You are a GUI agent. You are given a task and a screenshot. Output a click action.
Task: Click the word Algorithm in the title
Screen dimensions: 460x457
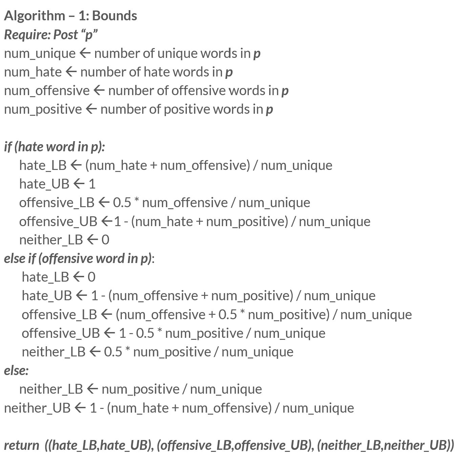click(x=35, y=16)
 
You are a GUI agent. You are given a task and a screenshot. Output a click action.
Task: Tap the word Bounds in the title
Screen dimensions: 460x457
click(x=114, y=16)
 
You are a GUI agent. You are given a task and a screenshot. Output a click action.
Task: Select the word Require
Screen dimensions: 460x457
click(x=27, y=35)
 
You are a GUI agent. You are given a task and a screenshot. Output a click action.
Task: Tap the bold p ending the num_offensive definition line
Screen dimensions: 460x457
click(x=285, y=91)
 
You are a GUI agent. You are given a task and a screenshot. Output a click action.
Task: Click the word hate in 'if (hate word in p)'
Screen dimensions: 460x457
click(x=30, y=147)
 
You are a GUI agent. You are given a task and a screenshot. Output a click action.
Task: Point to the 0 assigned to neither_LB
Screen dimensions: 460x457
click(x=106, y=240)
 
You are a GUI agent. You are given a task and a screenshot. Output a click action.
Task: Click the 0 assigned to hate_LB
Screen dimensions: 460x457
click(x=92, y=277)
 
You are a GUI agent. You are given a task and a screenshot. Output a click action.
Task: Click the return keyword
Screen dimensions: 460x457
click(x=21, y=445)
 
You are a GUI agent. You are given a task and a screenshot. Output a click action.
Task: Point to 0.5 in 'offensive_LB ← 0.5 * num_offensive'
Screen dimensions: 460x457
click(x=122, y=203)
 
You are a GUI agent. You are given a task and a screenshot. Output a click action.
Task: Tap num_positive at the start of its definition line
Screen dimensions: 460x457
click(x=43, y=109)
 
